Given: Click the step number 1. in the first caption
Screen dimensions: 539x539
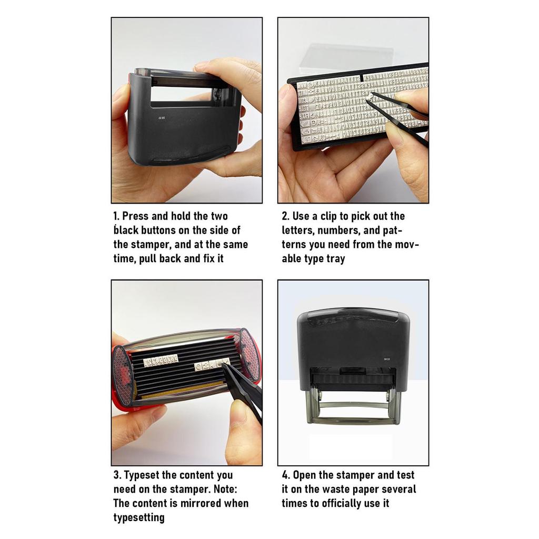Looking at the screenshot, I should pyautogui.click(x=117, y=216).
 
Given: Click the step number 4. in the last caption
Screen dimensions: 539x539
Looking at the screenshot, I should pyautogui.click(x=286, y=475).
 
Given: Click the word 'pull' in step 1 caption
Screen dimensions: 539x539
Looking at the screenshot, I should pyautogui.click(x=149, y=259).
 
